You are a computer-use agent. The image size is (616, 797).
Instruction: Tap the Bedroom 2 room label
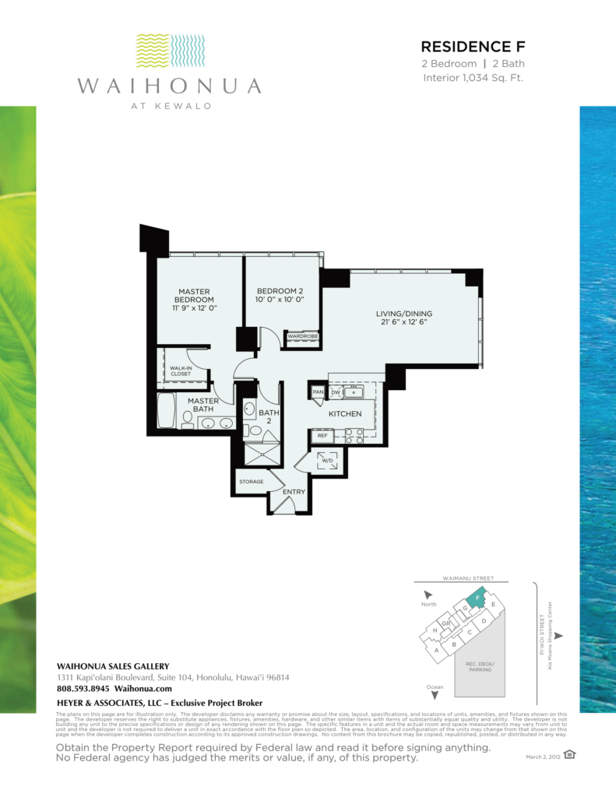pos(279,295)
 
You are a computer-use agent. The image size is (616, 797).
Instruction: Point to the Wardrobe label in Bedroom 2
pos(301,336)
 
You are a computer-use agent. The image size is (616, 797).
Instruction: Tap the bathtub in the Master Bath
pos(167,412)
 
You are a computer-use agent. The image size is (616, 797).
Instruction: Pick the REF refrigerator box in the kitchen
pos(321,437)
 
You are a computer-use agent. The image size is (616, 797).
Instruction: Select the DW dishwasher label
pos(336,392)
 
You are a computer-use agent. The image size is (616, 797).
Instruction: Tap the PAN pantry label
pos(318,392)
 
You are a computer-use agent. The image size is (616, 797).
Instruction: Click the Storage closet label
pos(251,482)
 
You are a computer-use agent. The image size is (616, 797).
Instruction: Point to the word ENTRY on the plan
pos(293,492)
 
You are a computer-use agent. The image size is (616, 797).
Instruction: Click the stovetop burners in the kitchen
pos(354,436)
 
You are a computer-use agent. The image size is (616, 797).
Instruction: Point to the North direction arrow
pos(429,595)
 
